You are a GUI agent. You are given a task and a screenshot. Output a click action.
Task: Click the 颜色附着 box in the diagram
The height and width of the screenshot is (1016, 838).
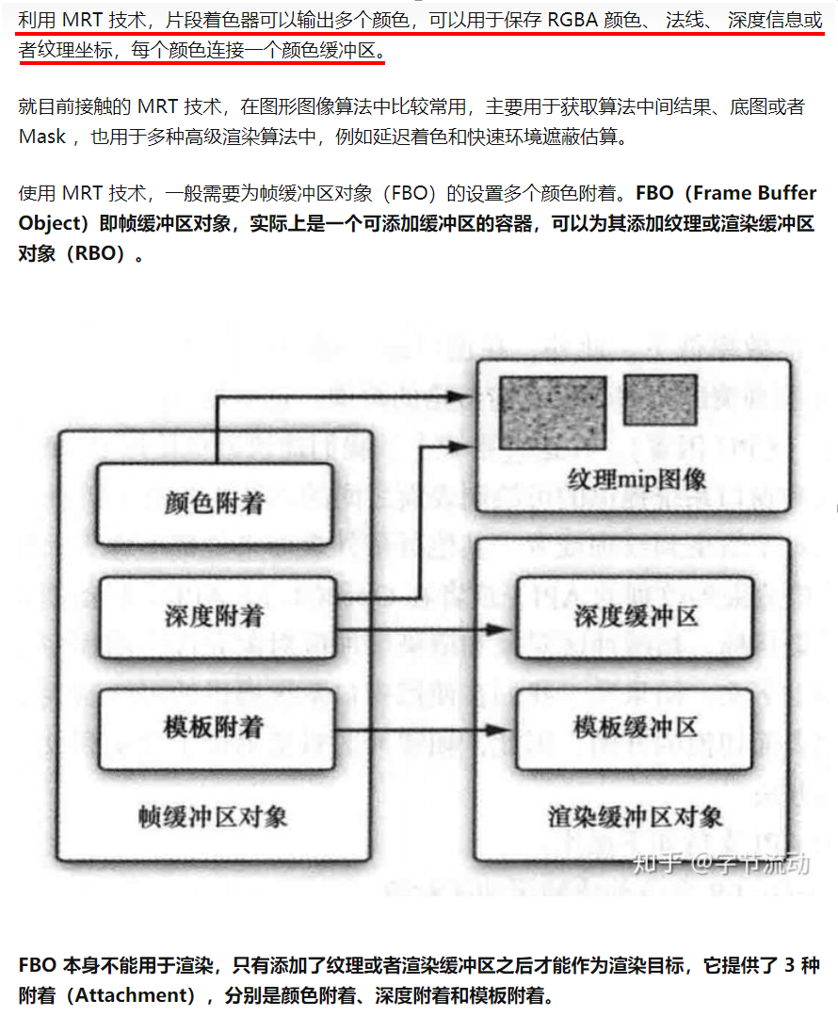coord(215,503)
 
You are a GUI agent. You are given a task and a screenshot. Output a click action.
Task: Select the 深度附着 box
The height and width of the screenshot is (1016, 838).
coord(215,617)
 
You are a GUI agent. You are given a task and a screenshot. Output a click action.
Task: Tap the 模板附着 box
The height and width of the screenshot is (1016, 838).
coord(215,728)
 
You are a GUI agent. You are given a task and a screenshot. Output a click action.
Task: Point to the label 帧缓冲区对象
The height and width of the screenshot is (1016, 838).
coord(213,816)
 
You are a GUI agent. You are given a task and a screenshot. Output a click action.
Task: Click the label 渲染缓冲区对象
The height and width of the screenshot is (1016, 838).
coord(636,816)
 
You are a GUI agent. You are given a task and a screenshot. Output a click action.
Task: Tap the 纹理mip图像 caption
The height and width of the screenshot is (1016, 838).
coord(637,479)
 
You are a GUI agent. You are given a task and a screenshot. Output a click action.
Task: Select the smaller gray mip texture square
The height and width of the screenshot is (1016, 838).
coord(660,399)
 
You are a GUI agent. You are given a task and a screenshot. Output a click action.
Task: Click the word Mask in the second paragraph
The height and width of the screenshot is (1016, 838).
coord(42,137)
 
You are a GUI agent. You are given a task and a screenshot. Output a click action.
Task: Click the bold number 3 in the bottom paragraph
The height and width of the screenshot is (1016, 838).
coord(789,967)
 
